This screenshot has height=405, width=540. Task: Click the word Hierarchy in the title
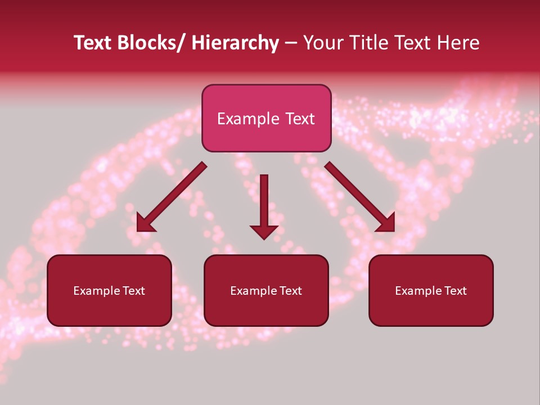point(235,43)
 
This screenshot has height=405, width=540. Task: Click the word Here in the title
point(458,43)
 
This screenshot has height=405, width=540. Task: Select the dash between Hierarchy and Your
point(291,44)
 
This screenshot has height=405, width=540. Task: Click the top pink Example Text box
point(266,119)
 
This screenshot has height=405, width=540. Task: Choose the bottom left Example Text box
point(109,291)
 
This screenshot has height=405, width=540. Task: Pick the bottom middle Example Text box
point(266,291)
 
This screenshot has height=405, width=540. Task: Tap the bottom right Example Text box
point(431,291)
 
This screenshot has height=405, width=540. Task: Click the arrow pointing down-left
point(172,197)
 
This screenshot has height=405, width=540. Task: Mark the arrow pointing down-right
point(360,197)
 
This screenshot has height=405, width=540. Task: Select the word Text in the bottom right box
point(454,291)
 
